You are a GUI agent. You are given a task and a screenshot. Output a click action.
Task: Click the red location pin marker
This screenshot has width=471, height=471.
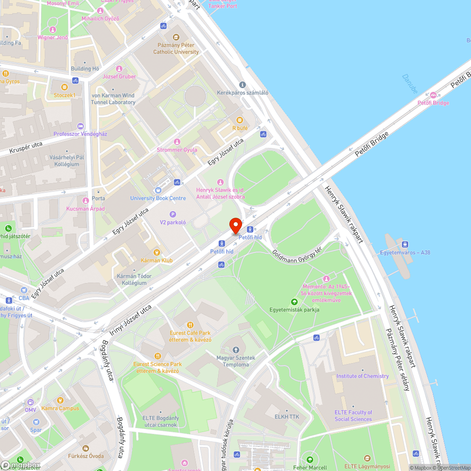coord(235,225)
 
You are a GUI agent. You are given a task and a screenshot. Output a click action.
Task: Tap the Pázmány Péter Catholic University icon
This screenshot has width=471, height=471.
coord(176,37)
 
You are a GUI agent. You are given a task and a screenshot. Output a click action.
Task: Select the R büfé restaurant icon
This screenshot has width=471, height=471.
coord(239,120)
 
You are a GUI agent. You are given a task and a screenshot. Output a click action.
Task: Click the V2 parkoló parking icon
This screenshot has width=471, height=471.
coord(172,214)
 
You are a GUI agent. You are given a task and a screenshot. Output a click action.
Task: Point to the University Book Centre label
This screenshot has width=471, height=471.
coord(158,198)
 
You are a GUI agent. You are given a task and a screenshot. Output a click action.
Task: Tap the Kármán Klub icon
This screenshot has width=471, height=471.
coord(157,252)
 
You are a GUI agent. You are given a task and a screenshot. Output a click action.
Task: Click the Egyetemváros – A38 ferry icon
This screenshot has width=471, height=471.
coord(405,244)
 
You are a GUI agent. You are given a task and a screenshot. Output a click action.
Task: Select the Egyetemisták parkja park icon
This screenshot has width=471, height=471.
coord(294,301)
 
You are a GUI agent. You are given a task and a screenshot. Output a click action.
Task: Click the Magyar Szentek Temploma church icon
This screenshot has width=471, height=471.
coord(236,350)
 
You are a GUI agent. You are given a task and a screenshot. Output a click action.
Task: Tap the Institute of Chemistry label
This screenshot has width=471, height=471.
coord(362,376)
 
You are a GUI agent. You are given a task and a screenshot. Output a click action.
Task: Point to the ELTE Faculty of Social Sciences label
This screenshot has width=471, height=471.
coord(353,415)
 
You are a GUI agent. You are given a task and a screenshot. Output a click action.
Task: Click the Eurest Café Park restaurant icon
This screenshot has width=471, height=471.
coord(190,325)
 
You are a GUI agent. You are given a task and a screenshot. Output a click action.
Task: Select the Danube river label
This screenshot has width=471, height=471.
coord(410,84)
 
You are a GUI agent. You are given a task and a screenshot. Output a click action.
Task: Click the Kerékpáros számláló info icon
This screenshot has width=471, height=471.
coord(243,85)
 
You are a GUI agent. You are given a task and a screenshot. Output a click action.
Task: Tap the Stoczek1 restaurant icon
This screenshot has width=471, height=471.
coord(65,87)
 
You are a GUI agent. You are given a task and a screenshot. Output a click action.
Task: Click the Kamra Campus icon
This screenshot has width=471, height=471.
coord(60,400)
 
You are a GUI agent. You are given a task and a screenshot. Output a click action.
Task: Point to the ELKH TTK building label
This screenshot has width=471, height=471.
coord(287,417)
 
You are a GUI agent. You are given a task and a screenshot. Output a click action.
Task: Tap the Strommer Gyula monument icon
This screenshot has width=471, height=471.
coord(177,142)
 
